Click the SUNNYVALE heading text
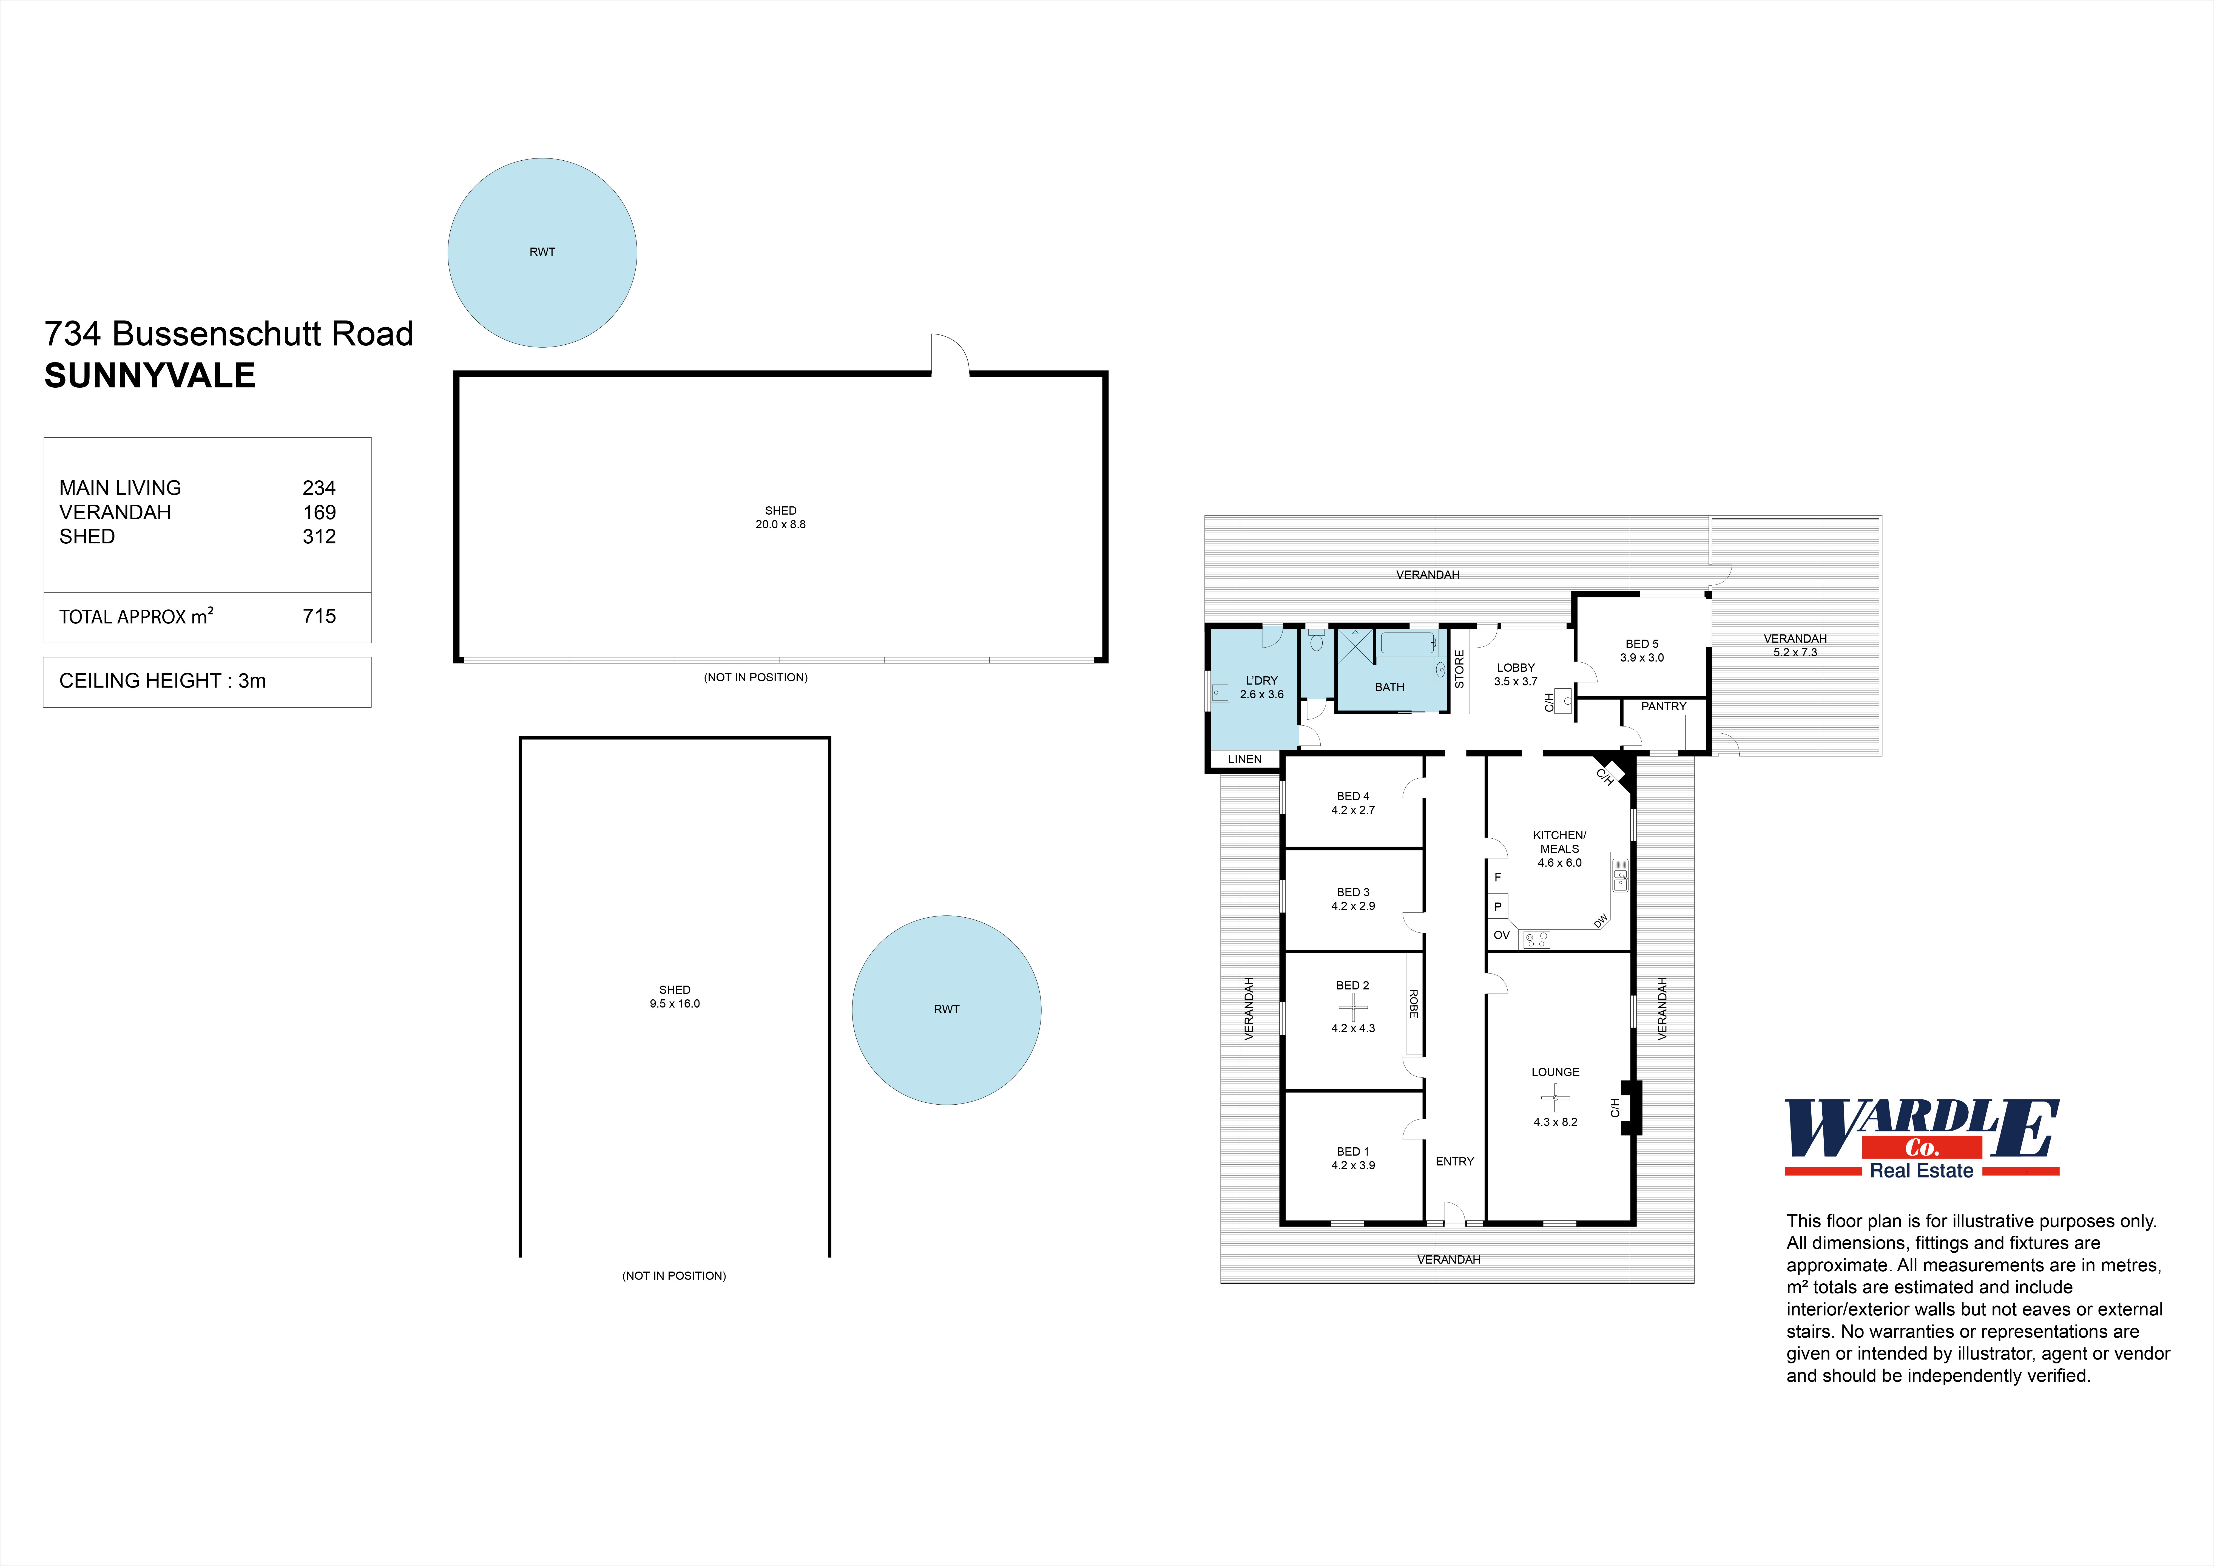tap(150, 376)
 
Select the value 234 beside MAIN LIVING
tap(319, 488)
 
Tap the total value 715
tap(319, 616)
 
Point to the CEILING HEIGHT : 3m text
tap(162, 681)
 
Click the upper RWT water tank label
tap(542, 252)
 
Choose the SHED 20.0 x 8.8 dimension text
tap(780, 524)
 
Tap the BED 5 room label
tap(1641, 643)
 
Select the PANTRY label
tap(1663, 707)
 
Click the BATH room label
tap(1389, 688)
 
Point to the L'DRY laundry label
tap(1261, 681)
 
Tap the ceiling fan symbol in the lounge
tap(1554, 1097)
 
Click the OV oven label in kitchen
tap(1501, 935)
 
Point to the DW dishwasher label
tap(1601, 921)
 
